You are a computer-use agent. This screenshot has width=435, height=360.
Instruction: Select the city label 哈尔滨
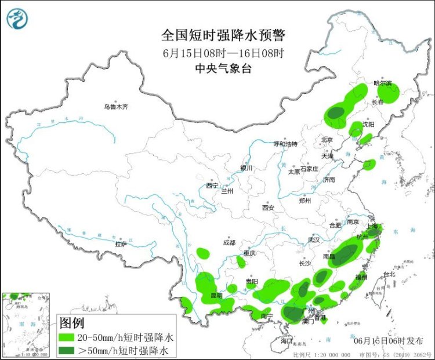[383, 83]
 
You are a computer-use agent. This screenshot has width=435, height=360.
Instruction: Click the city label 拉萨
[121, 245]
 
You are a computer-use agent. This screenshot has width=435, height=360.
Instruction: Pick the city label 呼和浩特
[285, 144]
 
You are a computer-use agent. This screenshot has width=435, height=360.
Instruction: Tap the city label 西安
[267, 207]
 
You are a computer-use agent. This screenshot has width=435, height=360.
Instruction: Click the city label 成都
[229, 243]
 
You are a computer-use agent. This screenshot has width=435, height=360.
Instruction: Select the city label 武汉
[314, 239]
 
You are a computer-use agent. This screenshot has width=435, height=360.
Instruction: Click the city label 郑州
[305, 201]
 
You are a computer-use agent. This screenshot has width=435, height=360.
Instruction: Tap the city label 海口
[287, 341]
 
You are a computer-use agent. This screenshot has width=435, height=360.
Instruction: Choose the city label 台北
[389, 274]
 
